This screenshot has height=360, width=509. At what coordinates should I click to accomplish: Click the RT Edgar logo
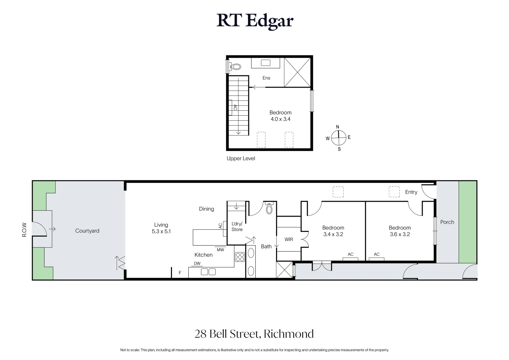point(255,21)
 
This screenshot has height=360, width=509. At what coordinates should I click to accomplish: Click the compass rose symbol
point(339,137)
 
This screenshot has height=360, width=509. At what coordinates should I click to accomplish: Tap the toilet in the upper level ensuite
point(236,67)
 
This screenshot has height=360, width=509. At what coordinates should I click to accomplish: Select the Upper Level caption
point(241,159)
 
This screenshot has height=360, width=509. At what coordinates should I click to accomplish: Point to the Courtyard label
point(87,231)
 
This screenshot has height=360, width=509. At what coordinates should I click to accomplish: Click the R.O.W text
point(24,230)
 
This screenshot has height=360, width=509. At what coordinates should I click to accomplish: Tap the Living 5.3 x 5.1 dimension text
point(161,231)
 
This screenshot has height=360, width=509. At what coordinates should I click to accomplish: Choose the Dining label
point(206,209)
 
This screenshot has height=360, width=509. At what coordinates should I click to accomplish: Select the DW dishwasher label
point(197,263)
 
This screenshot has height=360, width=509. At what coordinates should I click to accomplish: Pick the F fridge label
point(180,273)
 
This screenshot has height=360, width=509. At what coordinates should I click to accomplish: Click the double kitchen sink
point(208,272)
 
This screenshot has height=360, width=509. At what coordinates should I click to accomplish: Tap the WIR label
point(289,239)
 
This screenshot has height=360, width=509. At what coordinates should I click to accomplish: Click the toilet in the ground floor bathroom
point(269,208)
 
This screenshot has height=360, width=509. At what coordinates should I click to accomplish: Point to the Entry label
point(411,192)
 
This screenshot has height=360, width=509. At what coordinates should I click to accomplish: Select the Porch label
point(447,222)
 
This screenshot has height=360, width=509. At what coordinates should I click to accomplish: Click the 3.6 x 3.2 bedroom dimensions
point(400,234)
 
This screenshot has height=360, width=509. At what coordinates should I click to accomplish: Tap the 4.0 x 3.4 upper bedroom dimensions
point(280,119)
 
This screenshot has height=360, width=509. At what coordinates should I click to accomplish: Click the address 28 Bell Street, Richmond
point(254,334)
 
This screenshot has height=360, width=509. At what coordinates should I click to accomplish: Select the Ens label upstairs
point(266,78)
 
